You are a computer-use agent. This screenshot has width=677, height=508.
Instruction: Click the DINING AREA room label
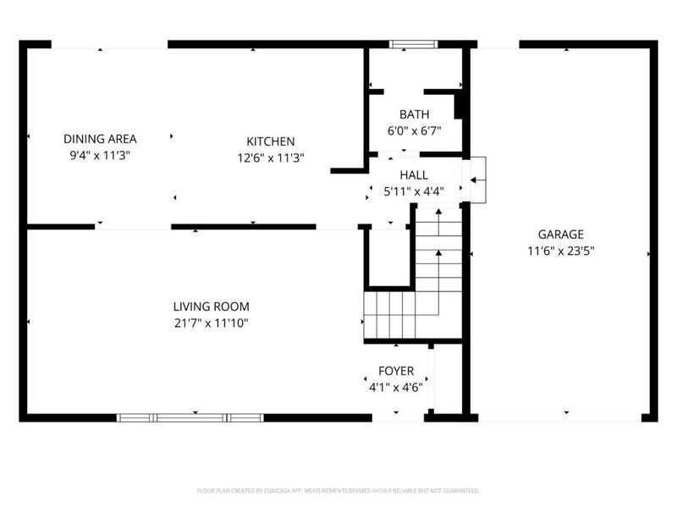pos(100,139)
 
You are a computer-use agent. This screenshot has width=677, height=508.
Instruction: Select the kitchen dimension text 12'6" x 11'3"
pos(270,157)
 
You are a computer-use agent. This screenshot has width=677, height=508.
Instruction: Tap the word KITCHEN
pos(270,141)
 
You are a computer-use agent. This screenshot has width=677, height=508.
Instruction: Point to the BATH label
pos(414,114)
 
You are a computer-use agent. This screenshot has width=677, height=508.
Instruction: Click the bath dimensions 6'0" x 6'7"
pos(414,130)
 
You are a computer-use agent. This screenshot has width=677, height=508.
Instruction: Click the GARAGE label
pos(560,235)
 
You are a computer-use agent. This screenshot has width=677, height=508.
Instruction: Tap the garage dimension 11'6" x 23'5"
pos(560,251)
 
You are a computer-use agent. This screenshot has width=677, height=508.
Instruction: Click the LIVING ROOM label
pos(211,306)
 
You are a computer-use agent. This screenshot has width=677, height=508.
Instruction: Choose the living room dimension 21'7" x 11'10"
pos(211,323)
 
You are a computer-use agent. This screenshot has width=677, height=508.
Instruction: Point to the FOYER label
pos(396,371)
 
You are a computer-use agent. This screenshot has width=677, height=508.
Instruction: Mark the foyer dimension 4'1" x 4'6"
pos(396,387)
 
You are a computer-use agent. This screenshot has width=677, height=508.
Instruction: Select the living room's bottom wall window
pos(190,417)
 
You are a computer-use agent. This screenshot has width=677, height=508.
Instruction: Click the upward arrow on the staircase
pos(438,251)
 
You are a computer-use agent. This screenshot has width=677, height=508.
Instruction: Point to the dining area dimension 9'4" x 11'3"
pos(100,155)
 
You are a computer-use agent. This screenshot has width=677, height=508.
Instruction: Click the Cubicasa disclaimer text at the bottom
pos(338,490)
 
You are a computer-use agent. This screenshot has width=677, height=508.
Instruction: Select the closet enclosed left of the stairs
pos(388,258)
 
